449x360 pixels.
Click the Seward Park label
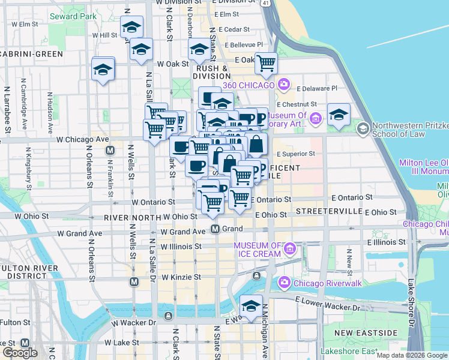point(74,17)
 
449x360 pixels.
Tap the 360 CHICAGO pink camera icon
point(284,85)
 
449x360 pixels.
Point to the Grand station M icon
point(216,229)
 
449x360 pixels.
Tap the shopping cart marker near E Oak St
point(266,63)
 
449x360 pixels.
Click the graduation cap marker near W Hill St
point(131,28)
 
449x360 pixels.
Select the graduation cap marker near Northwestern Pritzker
point(339,114)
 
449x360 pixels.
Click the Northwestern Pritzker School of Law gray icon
point(363,128)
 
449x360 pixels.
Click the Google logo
point(20,353)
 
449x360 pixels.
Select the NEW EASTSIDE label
point(366,332)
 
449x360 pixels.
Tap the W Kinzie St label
point(181,277)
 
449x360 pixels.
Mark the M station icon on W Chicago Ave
point(110,150)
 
